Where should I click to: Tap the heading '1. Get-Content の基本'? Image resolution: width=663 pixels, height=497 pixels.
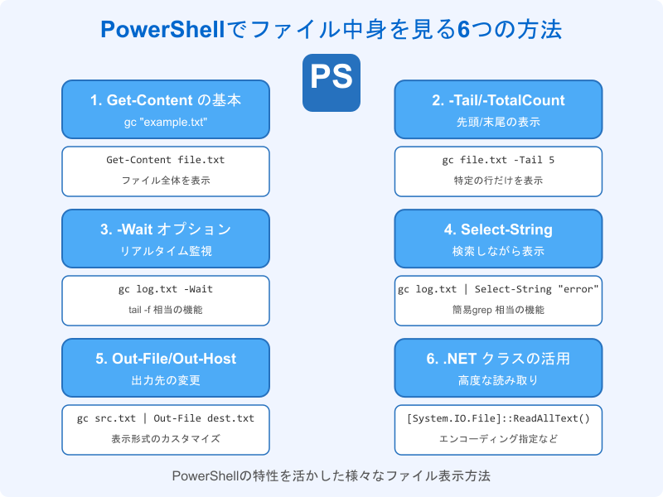pyautogui.click(x=166, y=100)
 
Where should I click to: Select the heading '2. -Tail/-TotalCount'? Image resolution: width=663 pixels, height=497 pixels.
pyautogui.click(x=497, y=100)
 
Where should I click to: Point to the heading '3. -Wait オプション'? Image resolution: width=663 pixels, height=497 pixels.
pyautogui.click(x=166, y=229)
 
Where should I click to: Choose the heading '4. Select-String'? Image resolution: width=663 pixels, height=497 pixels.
pyautogui.click(x=497, y=229)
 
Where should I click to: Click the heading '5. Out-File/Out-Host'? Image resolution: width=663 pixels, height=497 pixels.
pyautogui.click(x=166, y=359)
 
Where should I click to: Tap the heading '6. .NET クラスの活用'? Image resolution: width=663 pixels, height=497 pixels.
pyautogui.click(x=497, y=359)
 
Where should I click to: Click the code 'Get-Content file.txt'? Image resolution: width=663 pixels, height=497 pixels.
pyautogui.click(x=166, y=160)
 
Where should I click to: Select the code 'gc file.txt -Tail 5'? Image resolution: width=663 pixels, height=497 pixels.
pyautogui.click(x=497, y=160)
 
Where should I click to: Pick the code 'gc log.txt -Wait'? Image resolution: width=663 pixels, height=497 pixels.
pyautogui.click(x=166, y=289)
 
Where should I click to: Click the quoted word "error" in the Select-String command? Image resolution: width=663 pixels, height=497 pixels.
pyautogui.click(x=578, y=289)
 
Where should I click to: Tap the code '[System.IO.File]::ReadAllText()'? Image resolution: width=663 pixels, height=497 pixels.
pyautogui.click(x=497, y=418)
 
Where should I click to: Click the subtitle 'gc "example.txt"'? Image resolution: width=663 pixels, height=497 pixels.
pyautogui.click(x=166, y=122)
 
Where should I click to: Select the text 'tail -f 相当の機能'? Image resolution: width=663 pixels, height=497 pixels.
pyautogui.click(x=166, y=309)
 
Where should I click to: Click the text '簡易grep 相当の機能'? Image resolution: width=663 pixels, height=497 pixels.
pyautogui.click(x=497, y=309)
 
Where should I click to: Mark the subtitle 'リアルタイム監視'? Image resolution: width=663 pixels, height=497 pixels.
pyautogui.click(x=166, y=251)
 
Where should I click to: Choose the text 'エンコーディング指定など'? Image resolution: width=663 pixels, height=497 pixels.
pyautogui.click(x=497, y=438)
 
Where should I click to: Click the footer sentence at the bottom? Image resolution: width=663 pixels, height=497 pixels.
pyautogui.click(x=331, y=476)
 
